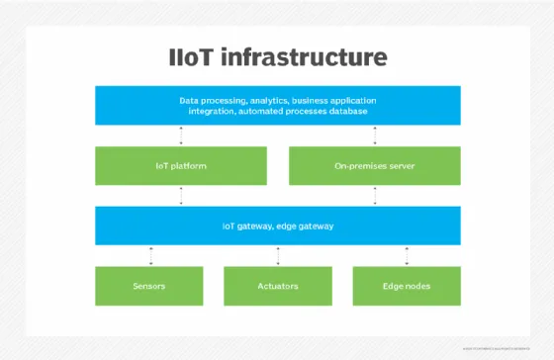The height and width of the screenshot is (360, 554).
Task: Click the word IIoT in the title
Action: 196,57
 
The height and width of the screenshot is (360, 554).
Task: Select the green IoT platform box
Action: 181,165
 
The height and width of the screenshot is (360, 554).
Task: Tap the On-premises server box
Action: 374,165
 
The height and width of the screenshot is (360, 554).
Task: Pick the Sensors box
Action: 148,286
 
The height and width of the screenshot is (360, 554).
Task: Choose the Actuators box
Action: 277,286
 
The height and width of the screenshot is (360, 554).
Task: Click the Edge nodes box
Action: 407,286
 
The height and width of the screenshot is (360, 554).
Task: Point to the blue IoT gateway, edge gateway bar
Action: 277,225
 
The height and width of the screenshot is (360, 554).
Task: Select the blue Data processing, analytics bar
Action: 277,106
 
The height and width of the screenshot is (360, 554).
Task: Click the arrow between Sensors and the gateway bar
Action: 150,255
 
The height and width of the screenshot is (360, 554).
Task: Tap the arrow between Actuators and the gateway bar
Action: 278,255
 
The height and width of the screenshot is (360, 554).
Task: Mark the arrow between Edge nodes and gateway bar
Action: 407,255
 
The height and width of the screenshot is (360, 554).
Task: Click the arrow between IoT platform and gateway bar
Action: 181,195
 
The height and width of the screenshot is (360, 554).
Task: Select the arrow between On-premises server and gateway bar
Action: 374,195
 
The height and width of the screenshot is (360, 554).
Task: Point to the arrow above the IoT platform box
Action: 181,135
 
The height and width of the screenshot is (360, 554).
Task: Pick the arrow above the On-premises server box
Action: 374,135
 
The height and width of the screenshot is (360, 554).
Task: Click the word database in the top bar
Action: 345,112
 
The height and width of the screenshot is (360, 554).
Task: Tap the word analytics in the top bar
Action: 264,100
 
